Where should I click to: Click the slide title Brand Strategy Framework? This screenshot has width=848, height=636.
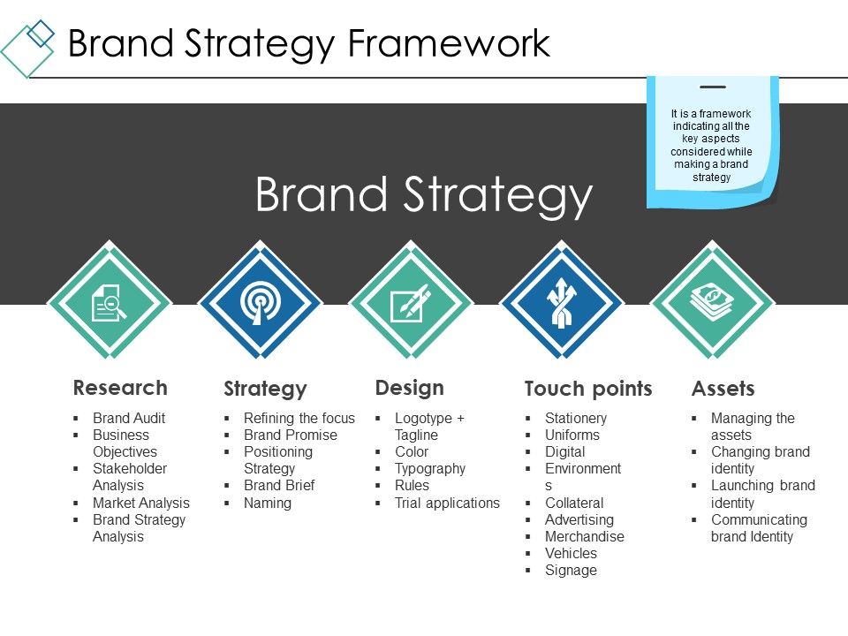click(x=309, y=42)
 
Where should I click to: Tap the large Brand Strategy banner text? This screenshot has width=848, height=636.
click(x=423, y=194)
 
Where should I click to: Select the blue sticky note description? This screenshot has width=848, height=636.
click(x=712, y=145)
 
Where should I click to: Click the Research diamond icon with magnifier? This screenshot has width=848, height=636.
click(x=110, y=304)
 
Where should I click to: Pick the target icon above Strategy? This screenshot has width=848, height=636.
click(x=260, y=304)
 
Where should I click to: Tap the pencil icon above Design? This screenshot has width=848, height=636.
click(x=411, y=304)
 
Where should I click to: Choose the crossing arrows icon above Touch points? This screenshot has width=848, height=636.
click(x=561, y=304)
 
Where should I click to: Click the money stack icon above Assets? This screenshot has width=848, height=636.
click(x=712, y=302)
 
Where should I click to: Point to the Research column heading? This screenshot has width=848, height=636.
click(x=120, y=388)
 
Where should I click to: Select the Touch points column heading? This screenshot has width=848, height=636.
click(x=588, y=389)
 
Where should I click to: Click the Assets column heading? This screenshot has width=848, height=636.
click(x=723, y=389)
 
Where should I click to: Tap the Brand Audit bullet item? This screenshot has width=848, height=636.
click(x=129, y=418)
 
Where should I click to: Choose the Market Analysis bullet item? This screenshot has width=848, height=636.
click(x=141, y=503)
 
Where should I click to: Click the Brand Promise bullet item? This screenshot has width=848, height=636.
click(x=290, y=435)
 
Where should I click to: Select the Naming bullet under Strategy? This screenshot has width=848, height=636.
click(x=267, y=503)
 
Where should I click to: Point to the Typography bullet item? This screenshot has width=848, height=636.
click(x=429, y=468)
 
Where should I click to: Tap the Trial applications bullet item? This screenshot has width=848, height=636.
click(x=447, y=503)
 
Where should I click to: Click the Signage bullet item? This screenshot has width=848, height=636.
click(x=571, y=570)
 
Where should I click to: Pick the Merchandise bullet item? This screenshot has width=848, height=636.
click(x=584, y=536)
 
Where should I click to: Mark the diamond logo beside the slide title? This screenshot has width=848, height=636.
click(x=29, y=46)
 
